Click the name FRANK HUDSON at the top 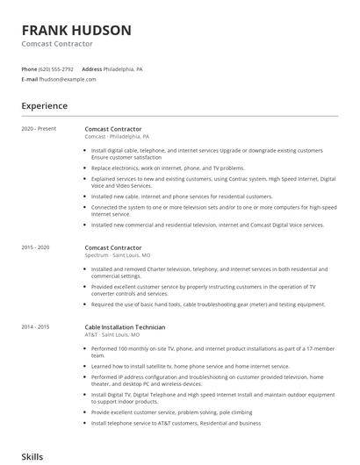point(76,30)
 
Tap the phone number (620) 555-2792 point(56,68)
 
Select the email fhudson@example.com point(68,79)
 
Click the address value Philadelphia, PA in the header point(124,68)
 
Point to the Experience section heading point(45,106)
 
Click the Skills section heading point(32,457)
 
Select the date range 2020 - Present point(39,129)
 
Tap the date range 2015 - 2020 point(36,247)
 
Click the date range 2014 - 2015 point(36,326)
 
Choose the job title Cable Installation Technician point(125,326)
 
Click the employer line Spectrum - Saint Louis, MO point(118,254)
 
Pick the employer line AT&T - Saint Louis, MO point(112,334)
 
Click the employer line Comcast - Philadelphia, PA point(117,137)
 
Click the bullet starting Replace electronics point(167,168)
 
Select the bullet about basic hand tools point(207,304)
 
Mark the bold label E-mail point(29,79)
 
